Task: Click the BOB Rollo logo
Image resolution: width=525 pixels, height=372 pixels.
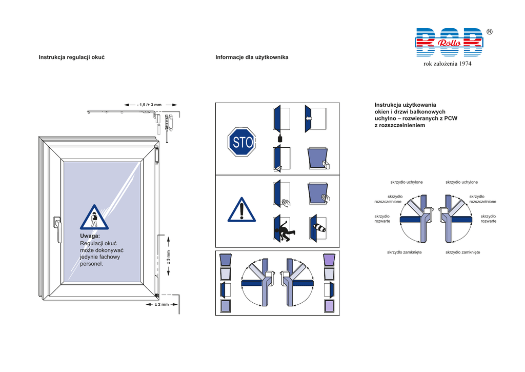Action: [449, 42]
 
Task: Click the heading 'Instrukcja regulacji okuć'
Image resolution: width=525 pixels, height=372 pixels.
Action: [72, 57]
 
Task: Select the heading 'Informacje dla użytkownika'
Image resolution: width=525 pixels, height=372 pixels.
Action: [252, 57]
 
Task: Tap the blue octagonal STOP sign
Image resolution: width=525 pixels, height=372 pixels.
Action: [242, 142]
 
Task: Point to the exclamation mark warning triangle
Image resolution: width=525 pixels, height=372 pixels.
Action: [242, 210]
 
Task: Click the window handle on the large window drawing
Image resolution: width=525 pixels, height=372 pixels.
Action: [57, 229]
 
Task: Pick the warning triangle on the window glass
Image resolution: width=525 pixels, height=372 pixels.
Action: [94, 218]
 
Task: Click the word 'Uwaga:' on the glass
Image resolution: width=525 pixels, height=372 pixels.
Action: [90, 236]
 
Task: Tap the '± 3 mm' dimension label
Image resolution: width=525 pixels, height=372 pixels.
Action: [168, 257]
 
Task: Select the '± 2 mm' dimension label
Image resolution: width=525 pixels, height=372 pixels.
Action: [161, 305]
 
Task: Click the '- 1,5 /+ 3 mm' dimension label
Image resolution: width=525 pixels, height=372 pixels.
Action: [149, 105]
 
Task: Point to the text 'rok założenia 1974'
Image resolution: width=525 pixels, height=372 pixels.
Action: [447, 64]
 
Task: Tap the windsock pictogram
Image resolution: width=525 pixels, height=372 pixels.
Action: [318, 227]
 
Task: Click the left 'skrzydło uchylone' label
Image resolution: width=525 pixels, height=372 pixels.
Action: [407, 182]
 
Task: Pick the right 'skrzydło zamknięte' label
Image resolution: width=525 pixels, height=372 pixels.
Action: [463, 252]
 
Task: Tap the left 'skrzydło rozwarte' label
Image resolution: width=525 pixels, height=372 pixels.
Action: [382, 219]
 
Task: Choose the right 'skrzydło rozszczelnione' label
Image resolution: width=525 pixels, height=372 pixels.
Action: [482, 199]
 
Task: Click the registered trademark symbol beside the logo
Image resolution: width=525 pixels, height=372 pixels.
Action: [489, 32]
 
